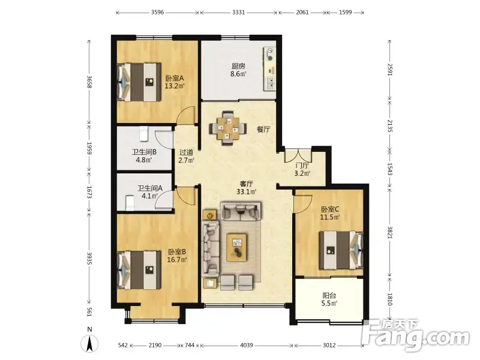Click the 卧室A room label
175,78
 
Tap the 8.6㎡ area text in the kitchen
238,74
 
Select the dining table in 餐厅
228,128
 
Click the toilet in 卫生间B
144,134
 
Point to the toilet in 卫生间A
130,203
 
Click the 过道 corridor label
186,152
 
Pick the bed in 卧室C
341,250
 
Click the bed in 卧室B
139,270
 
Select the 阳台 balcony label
329,295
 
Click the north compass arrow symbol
89,344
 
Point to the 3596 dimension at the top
157,13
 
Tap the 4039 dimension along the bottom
247,346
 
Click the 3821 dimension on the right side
389,232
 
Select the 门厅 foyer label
302,166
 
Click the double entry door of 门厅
298,155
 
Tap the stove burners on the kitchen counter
269,54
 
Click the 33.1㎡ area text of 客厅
247,192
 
